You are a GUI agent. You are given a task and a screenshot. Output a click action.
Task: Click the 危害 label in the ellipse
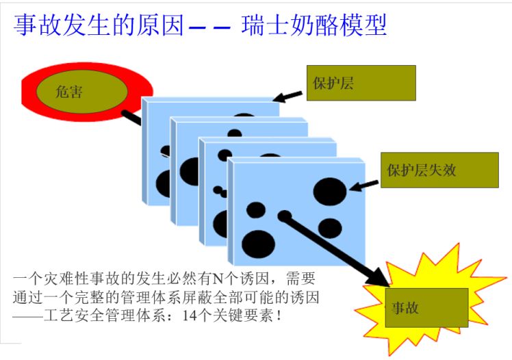coord(69,91)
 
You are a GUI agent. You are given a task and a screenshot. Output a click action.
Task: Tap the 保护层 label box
coord(361,83)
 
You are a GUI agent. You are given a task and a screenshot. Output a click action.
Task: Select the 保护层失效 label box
coord(439,170)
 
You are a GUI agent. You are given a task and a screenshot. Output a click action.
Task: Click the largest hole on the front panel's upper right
coord(330,189)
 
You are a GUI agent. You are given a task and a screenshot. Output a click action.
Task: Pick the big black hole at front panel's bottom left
coord(258,243)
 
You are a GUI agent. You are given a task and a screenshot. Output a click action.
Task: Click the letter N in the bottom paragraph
coord(218,279)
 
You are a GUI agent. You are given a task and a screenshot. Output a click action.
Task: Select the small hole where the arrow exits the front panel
coord(284,216)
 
